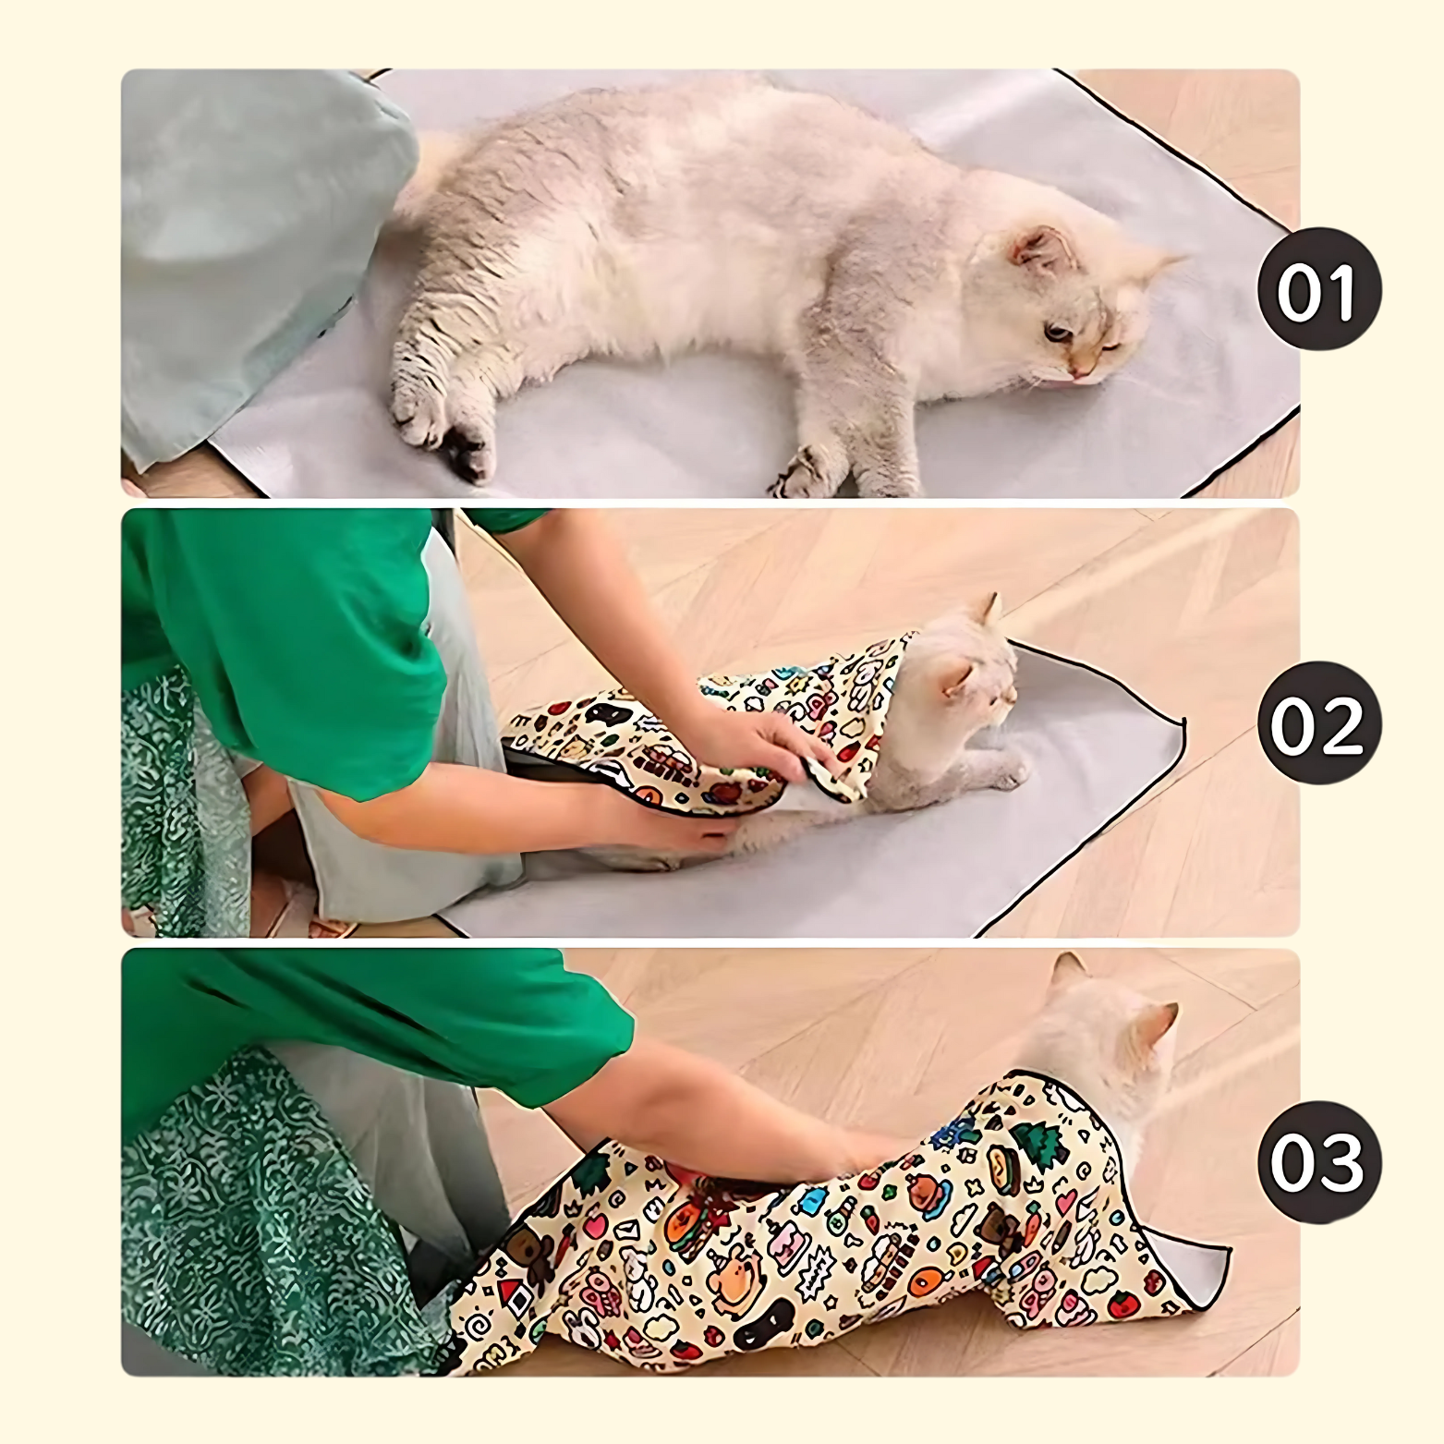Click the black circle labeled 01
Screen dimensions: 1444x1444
pos(1318,290)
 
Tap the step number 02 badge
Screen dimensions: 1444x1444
pos(1318,723)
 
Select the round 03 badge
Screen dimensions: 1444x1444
pos(1318,1161)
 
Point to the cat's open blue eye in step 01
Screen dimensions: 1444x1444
pos(1054,330)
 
